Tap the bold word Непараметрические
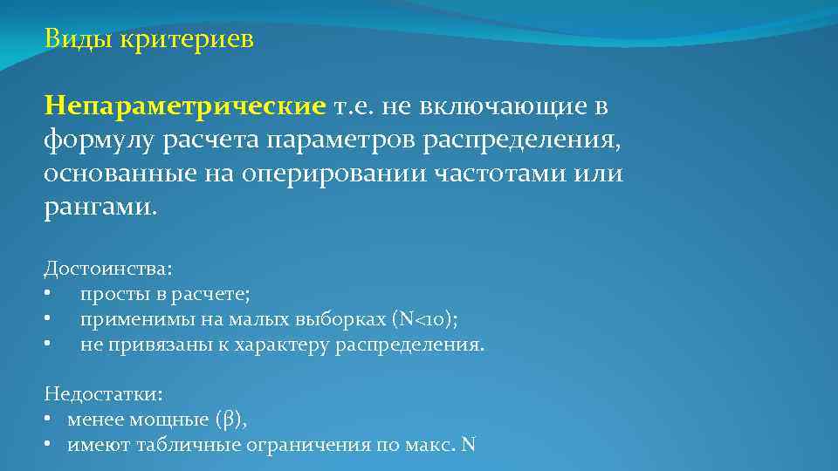[x=185, y=106]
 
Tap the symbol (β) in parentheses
[x=230, y=420]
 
